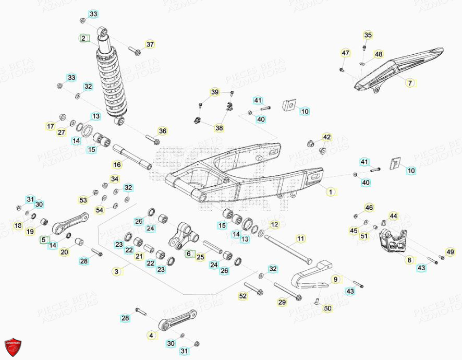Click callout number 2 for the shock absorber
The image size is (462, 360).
click(x=84, y=38)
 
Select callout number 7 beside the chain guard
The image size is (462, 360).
click(x=409, y=83)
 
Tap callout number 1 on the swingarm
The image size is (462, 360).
click(x=330, y=191)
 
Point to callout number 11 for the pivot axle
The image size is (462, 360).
click(x=300, y=239)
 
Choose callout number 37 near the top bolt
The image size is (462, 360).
click(x=150, y=44)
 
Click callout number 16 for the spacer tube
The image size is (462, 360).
click(x=117, y=165)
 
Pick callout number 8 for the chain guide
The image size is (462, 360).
click(x=409, y=259)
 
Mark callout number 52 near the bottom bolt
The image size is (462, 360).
click(x=242, y=296)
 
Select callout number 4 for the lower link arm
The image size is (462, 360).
click(x=151, y=335)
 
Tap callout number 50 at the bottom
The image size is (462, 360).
click(x=327, y=309)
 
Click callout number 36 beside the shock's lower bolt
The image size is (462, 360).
click(x=162, y=131)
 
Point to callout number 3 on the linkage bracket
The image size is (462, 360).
click(x=117, y=271)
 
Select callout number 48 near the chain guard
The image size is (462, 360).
click(x=378, y=54)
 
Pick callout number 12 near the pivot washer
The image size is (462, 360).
click(x=275, y=225)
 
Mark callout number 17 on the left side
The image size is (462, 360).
click(x=65, y=126)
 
